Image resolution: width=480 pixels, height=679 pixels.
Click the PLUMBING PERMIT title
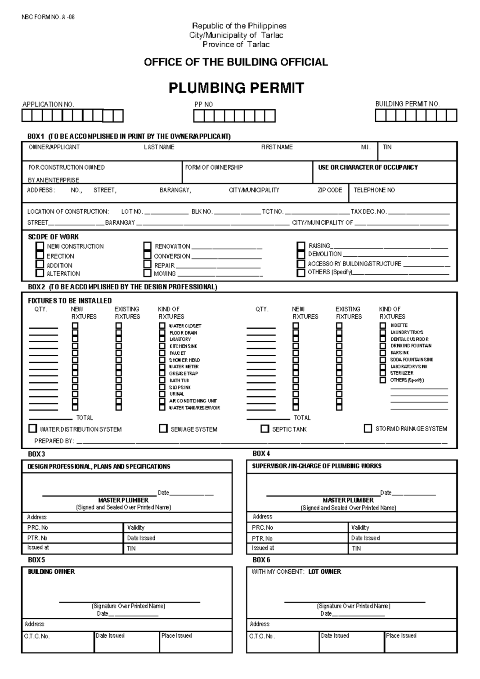(236, 88)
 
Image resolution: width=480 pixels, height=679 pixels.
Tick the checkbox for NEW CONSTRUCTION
(40, 246)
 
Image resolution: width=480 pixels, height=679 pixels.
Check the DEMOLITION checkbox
(301, 254)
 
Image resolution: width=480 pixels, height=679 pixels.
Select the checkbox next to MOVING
(148, 273)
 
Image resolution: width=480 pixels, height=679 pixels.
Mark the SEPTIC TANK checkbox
(265, 429)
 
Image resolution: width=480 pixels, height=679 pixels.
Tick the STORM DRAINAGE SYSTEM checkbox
(368, 428)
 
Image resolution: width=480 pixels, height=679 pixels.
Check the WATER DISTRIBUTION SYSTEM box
(33, 429)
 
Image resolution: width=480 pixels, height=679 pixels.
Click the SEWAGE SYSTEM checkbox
(163, 429)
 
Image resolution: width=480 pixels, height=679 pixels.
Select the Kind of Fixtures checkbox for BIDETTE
(383, 325)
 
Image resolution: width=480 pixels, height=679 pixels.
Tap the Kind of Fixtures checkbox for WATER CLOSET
(162, 326)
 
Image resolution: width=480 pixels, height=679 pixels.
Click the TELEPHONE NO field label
(374, 190)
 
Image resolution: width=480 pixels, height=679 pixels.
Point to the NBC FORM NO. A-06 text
(48, 17)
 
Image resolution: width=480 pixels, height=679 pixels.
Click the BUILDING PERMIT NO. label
(407, 104)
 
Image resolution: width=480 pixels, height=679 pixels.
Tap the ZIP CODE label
(330, 190)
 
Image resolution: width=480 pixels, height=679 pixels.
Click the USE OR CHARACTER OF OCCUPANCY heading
(368, 167)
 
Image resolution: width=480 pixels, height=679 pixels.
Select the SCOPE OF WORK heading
(53, 237)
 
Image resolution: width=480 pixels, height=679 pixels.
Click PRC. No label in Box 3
(38, 528)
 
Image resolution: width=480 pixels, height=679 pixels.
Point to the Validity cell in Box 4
(360, 528)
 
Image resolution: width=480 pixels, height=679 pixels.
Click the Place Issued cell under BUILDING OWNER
(176, 636)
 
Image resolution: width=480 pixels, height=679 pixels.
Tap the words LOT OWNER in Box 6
(324, 572)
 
